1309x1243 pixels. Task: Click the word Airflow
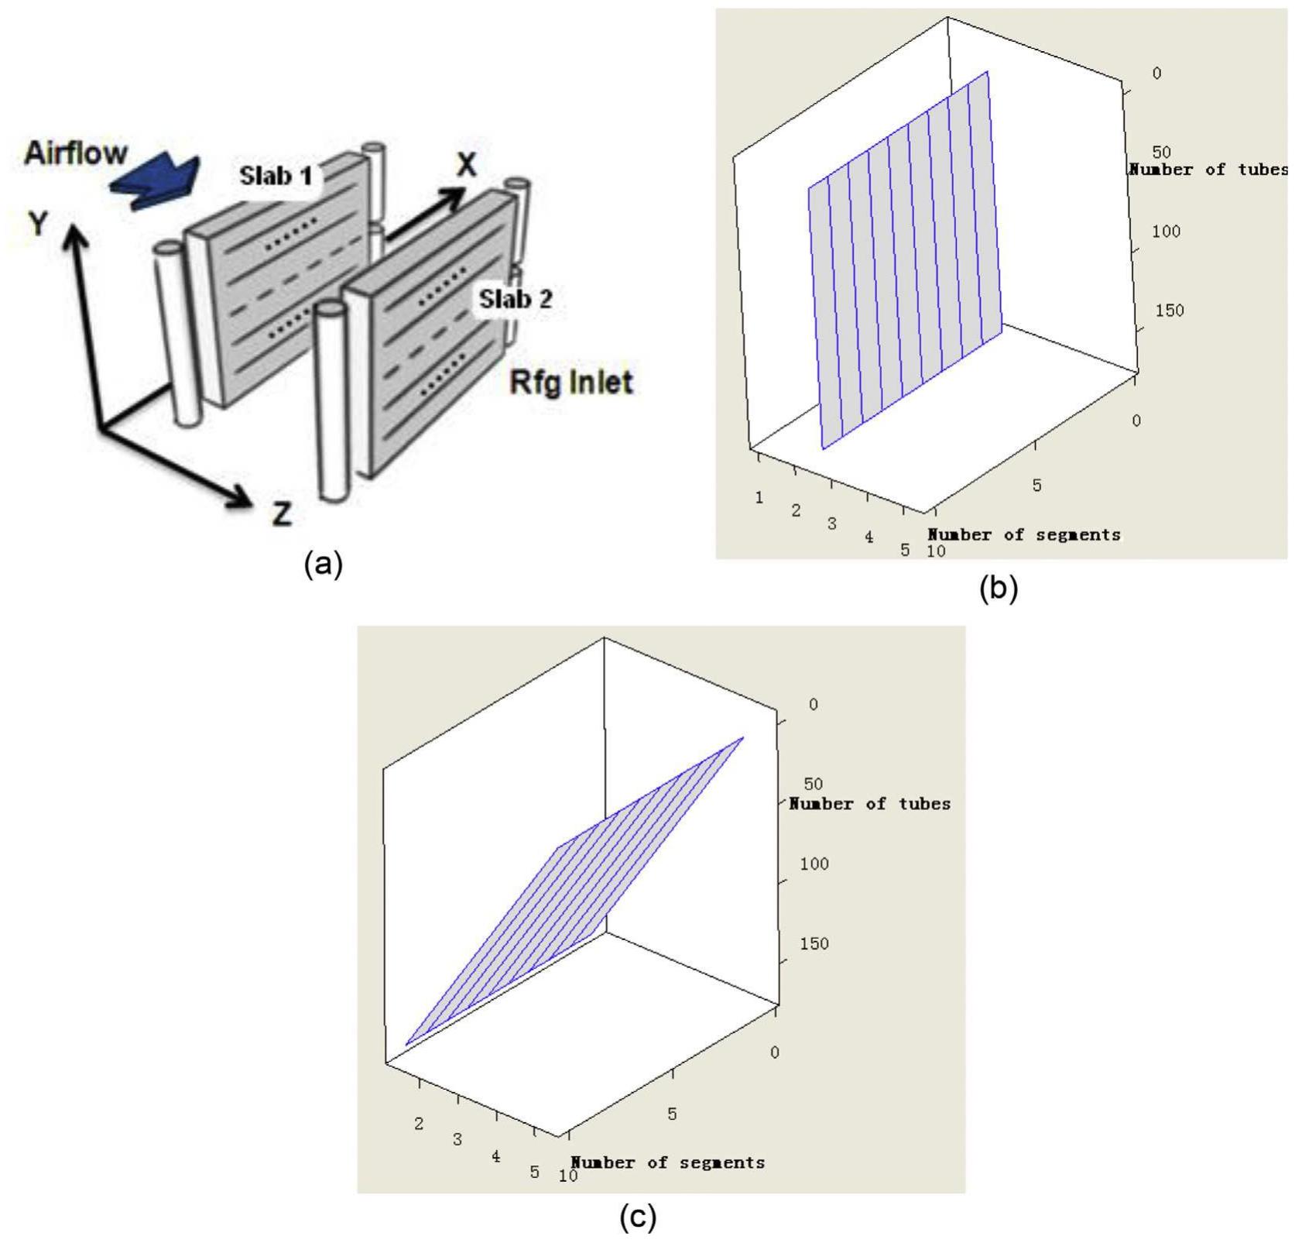[75, 153]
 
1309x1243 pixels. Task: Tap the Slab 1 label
[276, 176]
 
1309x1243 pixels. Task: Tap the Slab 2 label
[516, 299]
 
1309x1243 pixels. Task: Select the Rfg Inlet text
[571, 383]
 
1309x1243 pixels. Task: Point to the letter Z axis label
[282, 513]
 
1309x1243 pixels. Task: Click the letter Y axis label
[38, 224]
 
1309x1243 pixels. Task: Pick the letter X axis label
[466, 164]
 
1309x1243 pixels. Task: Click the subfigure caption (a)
[323, 563]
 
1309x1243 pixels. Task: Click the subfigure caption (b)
[999, 589]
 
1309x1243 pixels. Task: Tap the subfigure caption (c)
[638, 1217]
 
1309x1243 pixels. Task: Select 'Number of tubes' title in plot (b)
[1208, 170]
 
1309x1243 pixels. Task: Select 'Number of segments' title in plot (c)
[667, 1162]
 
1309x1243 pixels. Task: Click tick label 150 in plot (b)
[1169, 311]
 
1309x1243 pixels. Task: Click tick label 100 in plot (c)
[814, 864]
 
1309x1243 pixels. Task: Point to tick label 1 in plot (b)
[759, 497]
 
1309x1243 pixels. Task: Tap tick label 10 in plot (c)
[568, 1176]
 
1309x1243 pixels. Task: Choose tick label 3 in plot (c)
[457, 1140]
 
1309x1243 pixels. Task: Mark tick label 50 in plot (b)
[1161, 152]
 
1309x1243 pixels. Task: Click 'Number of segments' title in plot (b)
[1023, 534]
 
